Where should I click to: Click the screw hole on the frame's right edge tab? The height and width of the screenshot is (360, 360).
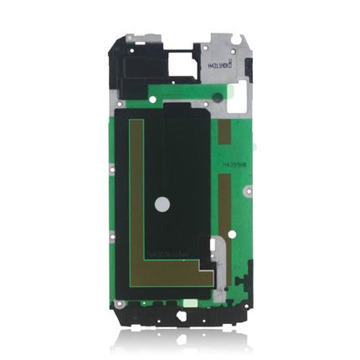click(248, 192)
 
